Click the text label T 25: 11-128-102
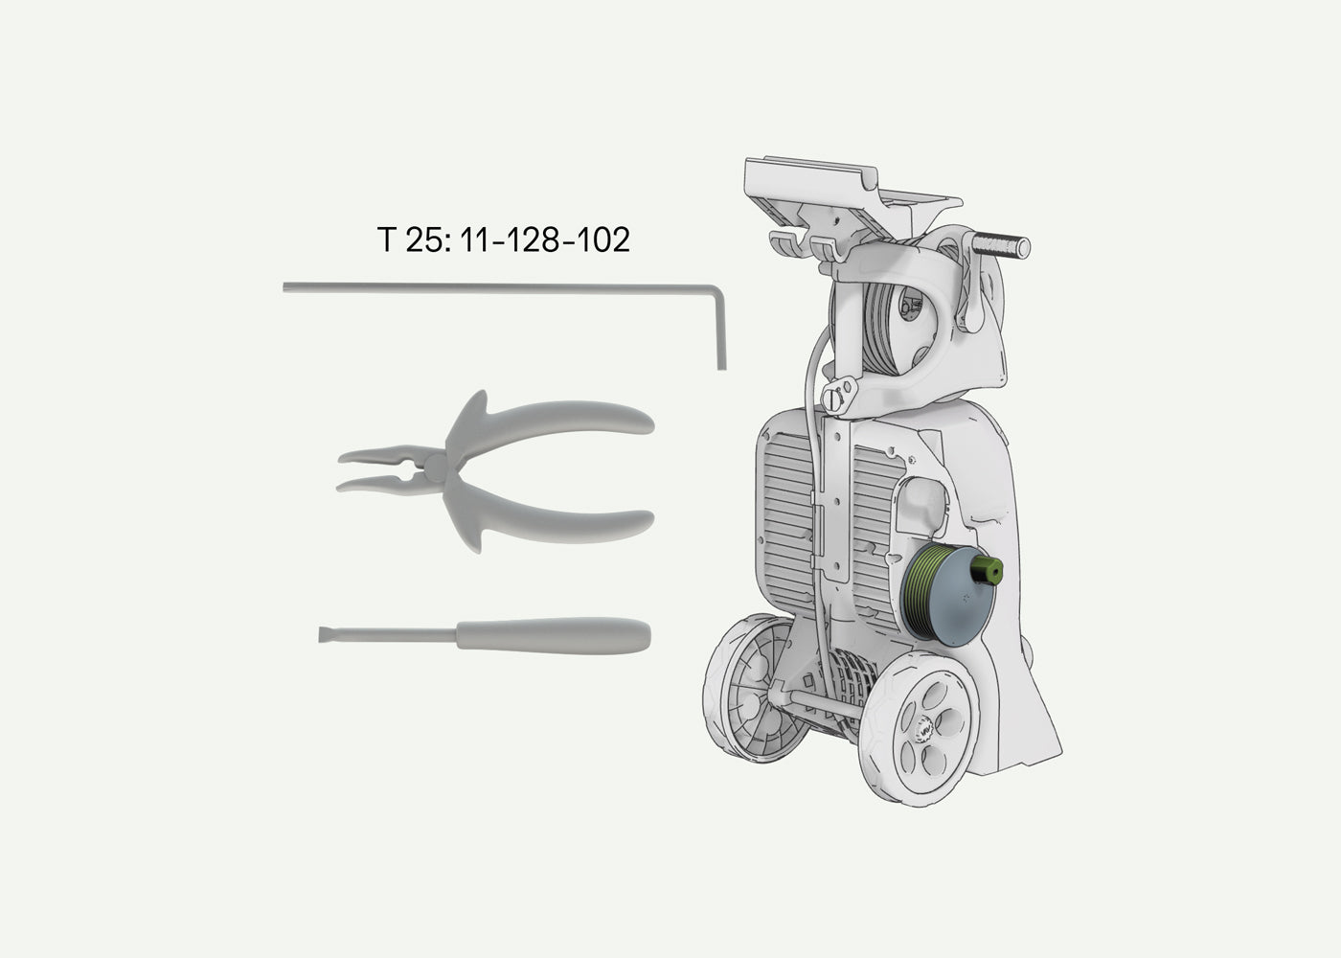pyautogui.click(x=504, y=239)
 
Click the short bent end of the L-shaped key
pyautogui.click(x=721, y=330)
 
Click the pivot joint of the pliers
pyautogui.click(x=435, y=468)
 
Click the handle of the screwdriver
pyautogui.click(x=554, y=635)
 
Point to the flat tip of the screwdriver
pyautogui.click(x=324, y=634)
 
